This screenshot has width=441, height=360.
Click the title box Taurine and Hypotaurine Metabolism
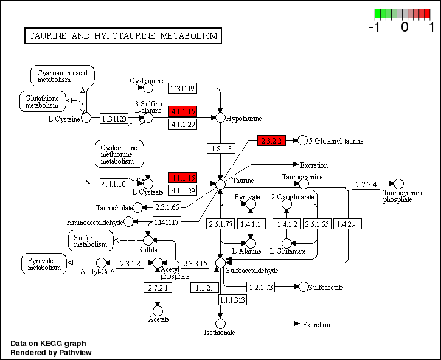point(122,36)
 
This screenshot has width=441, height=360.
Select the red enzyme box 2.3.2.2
point(271,140)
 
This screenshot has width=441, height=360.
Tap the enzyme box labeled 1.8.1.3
point(220,148)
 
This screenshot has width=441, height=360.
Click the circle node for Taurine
point(220,183)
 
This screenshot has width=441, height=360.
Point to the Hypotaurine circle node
point(220,117)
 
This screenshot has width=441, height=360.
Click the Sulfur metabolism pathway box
point(91,240)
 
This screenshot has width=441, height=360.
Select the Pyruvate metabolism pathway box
point(44,263)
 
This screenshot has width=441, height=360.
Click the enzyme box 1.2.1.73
point(262,286)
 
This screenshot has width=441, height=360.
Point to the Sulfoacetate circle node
point(302,286)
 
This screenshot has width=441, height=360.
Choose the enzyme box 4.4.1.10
point(114,183)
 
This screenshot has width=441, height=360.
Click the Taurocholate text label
point(114,208)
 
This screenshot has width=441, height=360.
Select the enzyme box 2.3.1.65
point(166,207)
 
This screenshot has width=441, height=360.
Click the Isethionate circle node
point(220,324)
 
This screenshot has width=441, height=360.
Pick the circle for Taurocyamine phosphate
point(398,184)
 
